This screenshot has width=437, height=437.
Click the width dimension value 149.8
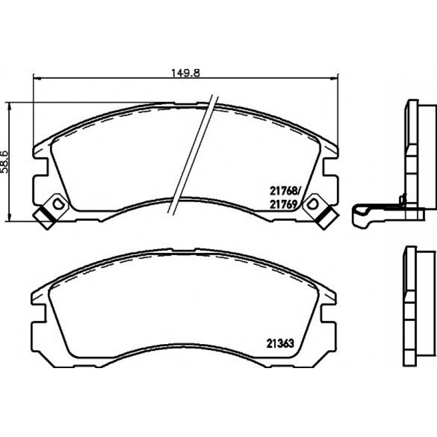pyautogui.click(x=185, y=73)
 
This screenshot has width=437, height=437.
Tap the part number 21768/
pyautogui.click(x=284, y=191)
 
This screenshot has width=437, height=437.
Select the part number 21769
pyautogui.click(x=282, y=205)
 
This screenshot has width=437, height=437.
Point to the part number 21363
pyautogui.click(x=280, y=343)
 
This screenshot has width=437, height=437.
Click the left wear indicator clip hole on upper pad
pyautogui.click(x=58, y=204)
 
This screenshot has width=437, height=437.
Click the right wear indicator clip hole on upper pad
pyautogui.click(x=312, y=204)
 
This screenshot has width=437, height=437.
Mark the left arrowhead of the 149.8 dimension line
pyautogui.click(x=37, y=79)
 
